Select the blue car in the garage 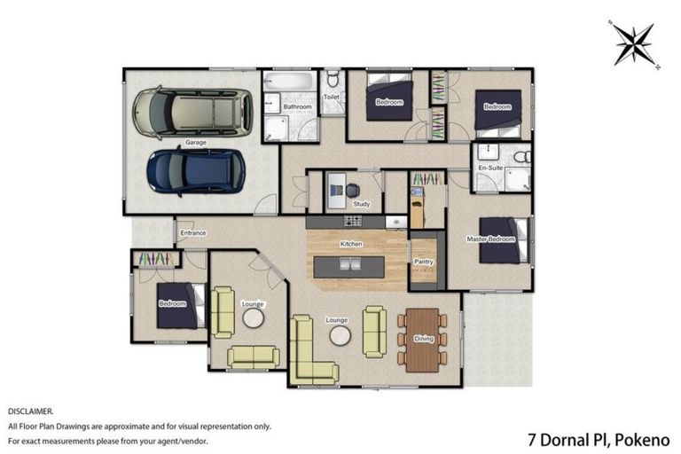pyautogui.click(x=196, y=170)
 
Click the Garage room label pyautogui.click(x=196, y=143)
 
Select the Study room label pyautogui.click(x=361, y=204)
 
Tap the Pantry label pyautogui.click(x=424, y=262)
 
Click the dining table pyautogui.click(x=421, y=338)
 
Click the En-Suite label pyautogui.click(x=490, y=168)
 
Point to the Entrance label pyautogui.click(x=193, y=233)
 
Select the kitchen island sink pyautogui.click(x=350, y=263)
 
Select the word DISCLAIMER pyautogui.click(x=30, y=411)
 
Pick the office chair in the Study pyautogui.click(x=354, y=190)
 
